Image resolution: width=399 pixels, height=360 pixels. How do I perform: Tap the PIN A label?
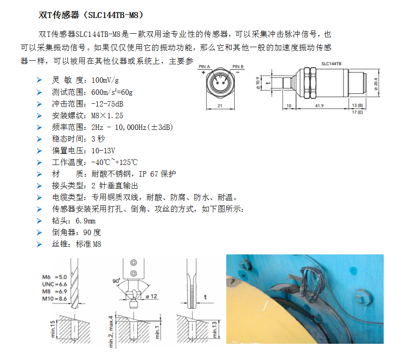[205, 66]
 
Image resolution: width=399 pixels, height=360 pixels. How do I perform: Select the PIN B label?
[238, 66]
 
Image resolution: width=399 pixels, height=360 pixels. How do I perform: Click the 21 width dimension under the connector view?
[220, 106]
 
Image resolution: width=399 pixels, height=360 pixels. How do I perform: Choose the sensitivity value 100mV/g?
[105, 80]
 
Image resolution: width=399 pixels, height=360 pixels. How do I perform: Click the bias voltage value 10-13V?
[103, 151]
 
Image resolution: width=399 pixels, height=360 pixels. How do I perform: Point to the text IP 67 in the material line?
[147, 174]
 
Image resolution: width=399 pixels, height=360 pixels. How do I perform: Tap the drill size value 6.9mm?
[85, 221]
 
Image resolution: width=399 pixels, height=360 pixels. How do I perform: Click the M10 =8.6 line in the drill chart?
[54, 298]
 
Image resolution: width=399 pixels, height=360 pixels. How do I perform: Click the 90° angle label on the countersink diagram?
[116, 281]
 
